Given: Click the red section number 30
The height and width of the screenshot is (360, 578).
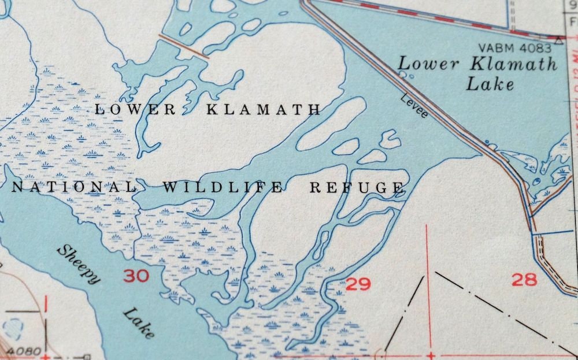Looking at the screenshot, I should click(136, 276).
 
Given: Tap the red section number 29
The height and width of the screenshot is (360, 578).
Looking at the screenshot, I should click(358, 284).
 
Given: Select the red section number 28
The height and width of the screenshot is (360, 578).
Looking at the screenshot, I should click(524, 280).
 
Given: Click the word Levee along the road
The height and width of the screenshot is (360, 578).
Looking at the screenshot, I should click(414, 107).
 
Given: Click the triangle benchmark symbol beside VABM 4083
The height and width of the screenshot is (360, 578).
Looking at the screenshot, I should click(558, 40).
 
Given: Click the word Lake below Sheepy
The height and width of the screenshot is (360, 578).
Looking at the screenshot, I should click(139, 324).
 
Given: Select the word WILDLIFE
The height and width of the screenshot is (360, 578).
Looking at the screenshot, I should click(223, 187).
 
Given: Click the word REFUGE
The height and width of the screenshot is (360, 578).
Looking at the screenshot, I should click(356, 187).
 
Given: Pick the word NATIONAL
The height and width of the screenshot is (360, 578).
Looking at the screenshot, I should click(73, 187).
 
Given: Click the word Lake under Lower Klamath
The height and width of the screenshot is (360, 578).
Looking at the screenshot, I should click(490, 84).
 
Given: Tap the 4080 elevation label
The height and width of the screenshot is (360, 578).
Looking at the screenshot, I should click(25, 351).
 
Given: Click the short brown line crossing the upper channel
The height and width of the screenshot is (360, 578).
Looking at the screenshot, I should click(184, 46).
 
